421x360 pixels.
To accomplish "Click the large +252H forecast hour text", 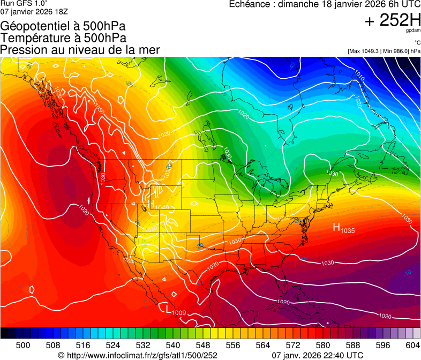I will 392,21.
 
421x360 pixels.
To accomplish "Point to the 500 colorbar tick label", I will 23,346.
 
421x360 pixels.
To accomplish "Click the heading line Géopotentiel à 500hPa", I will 63,26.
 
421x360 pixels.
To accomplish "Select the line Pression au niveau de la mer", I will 80,50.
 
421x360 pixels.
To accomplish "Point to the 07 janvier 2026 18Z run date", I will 34,11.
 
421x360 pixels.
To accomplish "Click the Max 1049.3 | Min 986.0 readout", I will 384,51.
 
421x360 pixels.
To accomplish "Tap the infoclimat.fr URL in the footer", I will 138,355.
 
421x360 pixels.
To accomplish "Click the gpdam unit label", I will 413,32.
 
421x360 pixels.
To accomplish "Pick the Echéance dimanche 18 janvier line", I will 325,4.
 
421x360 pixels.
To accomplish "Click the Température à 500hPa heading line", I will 63,38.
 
